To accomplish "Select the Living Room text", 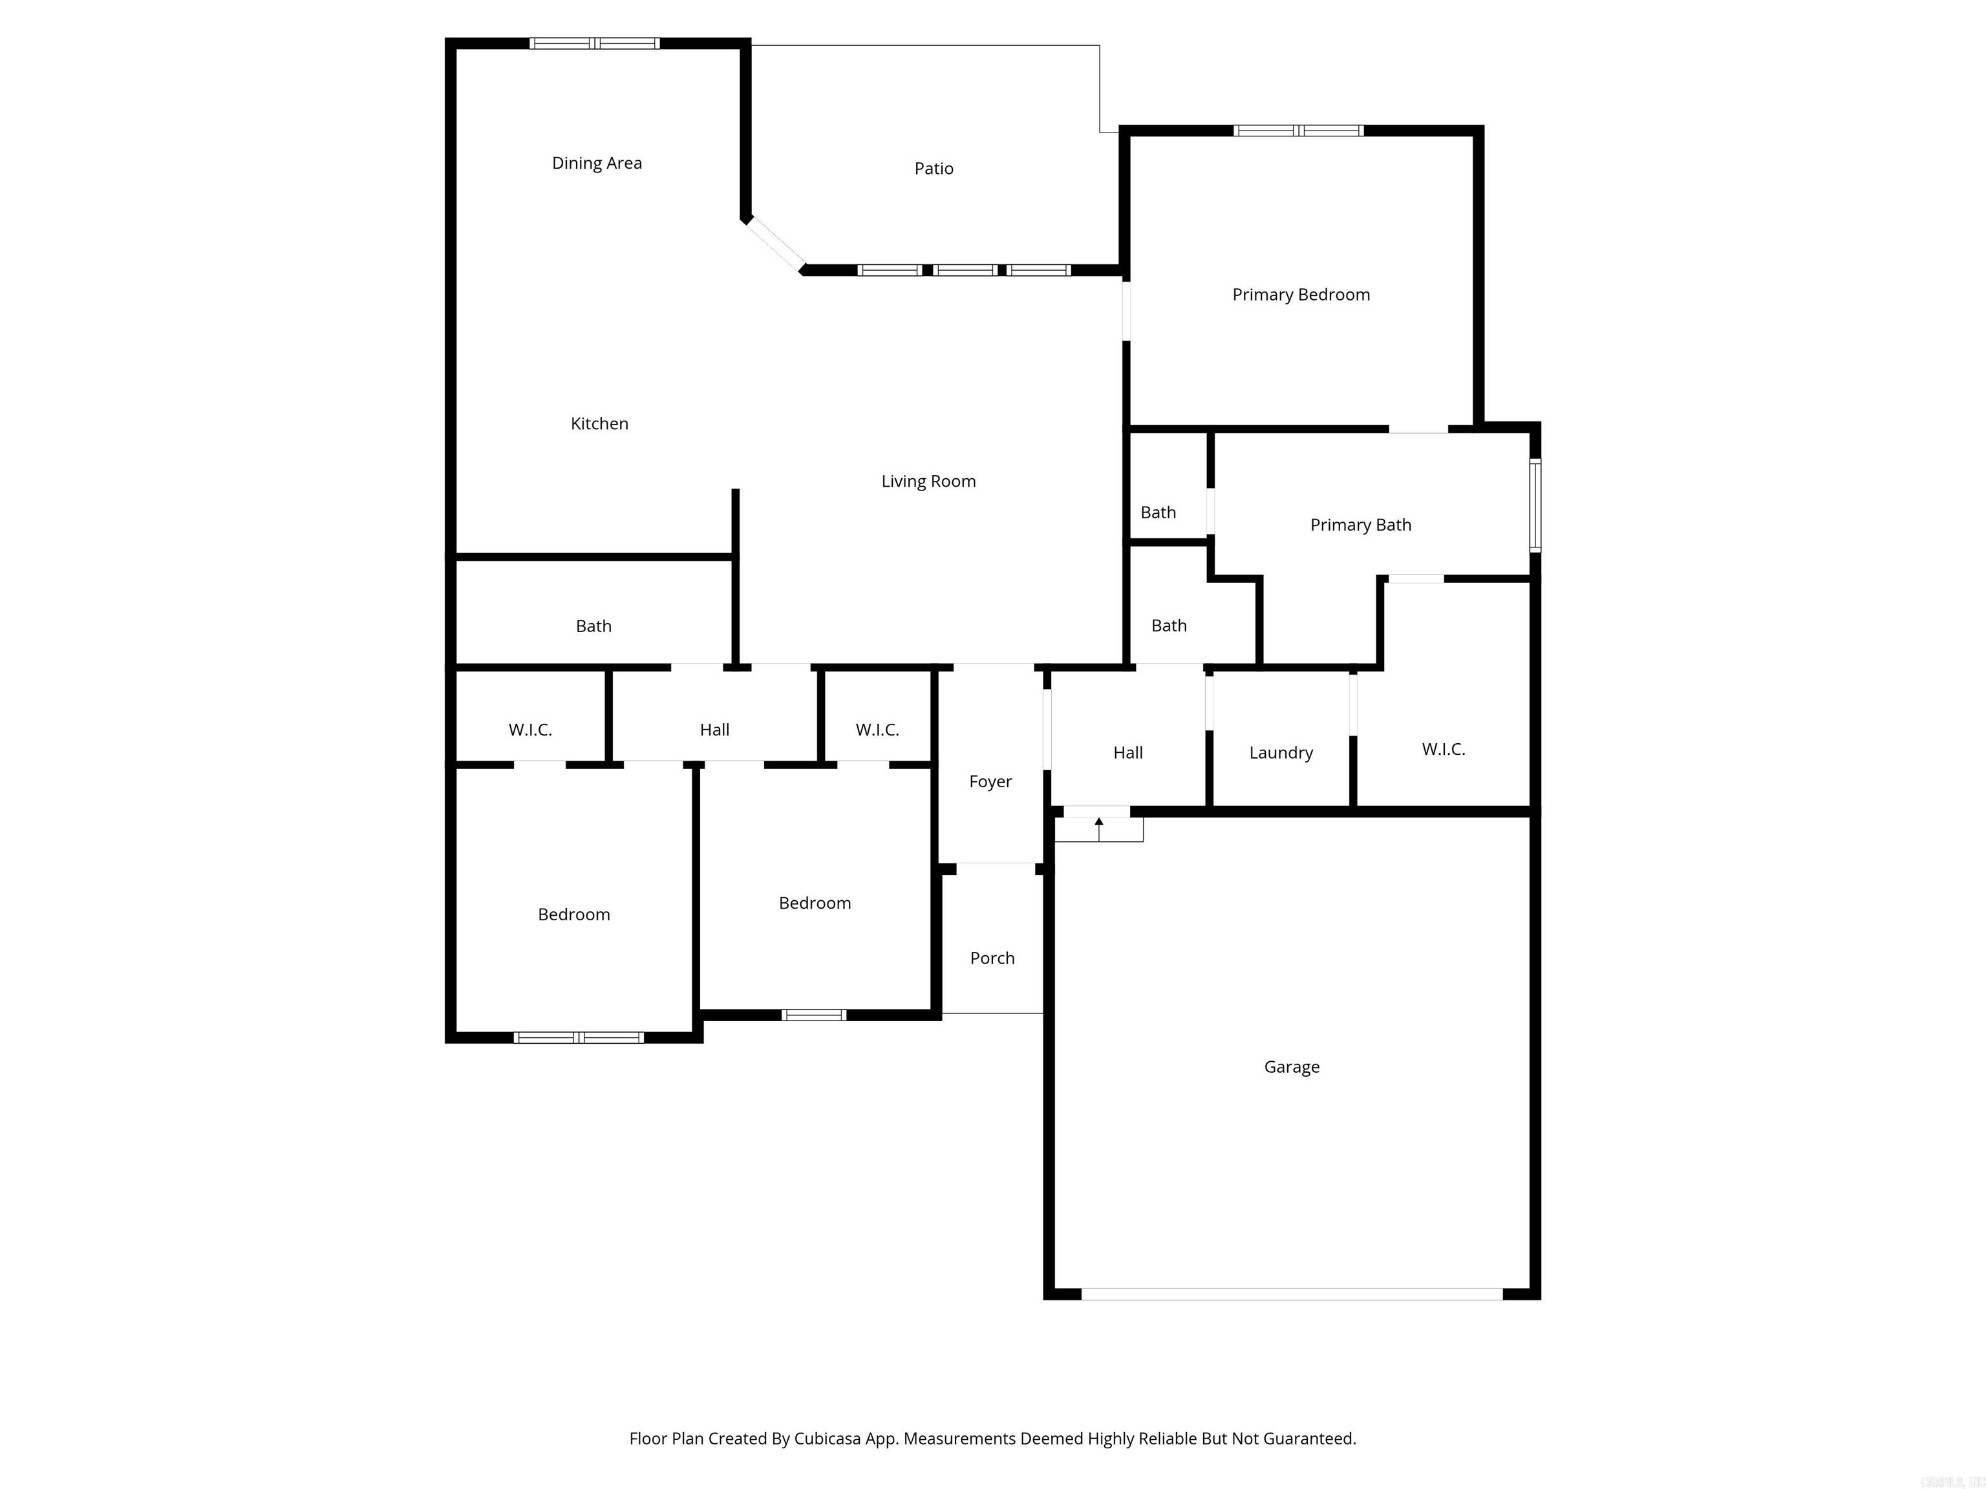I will pos(928,481).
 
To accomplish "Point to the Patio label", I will pos(934,169).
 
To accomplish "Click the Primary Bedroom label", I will pos(1301,295).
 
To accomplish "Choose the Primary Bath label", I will pos(1360,525).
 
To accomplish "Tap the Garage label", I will pos(1291,1067).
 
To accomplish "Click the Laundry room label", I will pos(1280,753).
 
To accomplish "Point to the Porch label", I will pos(992,958).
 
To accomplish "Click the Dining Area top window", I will pos(594,43).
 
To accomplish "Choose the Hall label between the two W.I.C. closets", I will pos(714,730).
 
